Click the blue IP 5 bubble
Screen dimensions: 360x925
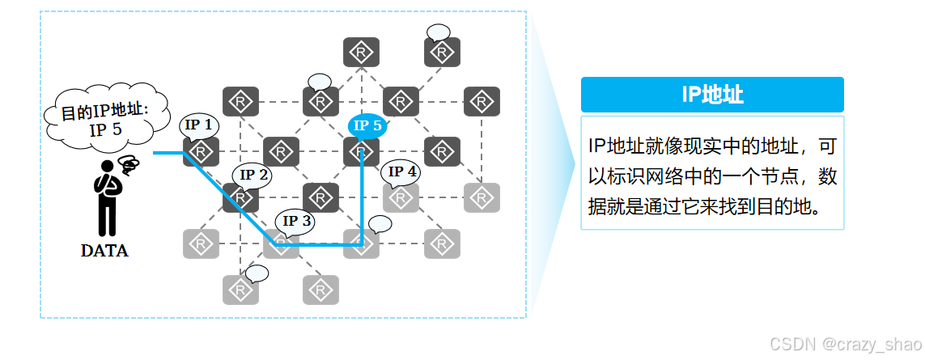367,125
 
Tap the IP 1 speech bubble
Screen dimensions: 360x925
199,125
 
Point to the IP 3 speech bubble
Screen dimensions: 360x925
295,219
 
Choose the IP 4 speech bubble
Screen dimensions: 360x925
402,172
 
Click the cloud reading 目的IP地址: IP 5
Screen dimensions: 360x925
105,120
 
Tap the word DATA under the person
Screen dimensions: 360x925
104,251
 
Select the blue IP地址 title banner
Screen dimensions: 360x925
712,95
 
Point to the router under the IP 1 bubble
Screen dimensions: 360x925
201,152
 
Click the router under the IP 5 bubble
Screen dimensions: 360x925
361,152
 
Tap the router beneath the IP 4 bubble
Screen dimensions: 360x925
401,197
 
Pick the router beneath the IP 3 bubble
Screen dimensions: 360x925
282,244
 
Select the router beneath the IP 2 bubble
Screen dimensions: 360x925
240,197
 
